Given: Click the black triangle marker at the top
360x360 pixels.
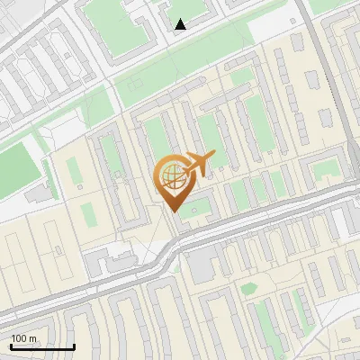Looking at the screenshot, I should pyautogui.click(x=180, y=24).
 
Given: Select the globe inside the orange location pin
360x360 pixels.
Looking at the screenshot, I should pyautogui.click(x=173, y=174).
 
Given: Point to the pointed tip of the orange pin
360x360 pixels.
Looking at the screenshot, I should pyautogui.click(x=174, y=211).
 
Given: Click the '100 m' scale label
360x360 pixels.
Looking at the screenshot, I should pyautogui.click(x=24, y=338).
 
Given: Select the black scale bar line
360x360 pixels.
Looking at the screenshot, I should pyautogui.click(x=42, y=347).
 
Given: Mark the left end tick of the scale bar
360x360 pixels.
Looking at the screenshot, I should pyautogui.click(x=11, y=346).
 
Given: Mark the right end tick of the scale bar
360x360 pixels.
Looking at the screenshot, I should pyautogui.click(x=74, y=346).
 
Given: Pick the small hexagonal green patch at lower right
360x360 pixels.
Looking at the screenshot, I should pyautogui.click(x=247, y=288).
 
